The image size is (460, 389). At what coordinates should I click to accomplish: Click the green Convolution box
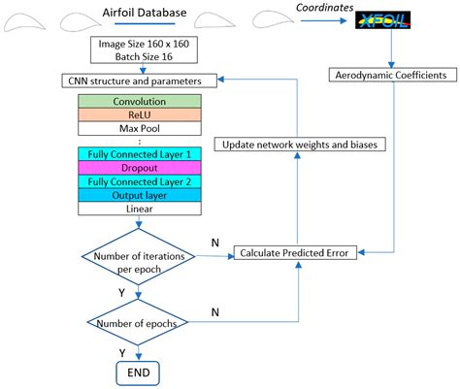[140, 101]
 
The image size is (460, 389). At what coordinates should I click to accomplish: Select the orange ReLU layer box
[140, 114]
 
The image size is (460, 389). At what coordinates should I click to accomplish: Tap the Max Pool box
[140, 128]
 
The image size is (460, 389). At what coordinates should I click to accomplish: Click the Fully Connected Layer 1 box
[140, 154]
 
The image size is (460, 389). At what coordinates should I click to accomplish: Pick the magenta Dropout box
[140, 167]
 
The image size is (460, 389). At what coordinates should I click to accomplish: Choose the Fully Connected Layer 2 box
[140, 180]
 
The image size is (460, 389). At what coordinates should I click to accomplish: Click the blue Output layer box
[140, 194]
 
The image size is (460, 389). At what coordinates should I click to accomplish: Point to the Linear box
[140, 208]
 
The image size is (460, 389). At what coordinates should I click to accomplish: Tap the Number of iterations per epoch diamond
[138, 261]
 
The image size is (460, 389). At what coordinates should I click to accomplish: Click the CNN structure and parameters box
[140, 79]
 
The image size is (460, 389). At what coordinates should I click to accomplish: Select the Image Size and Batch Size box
[140, 51]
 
